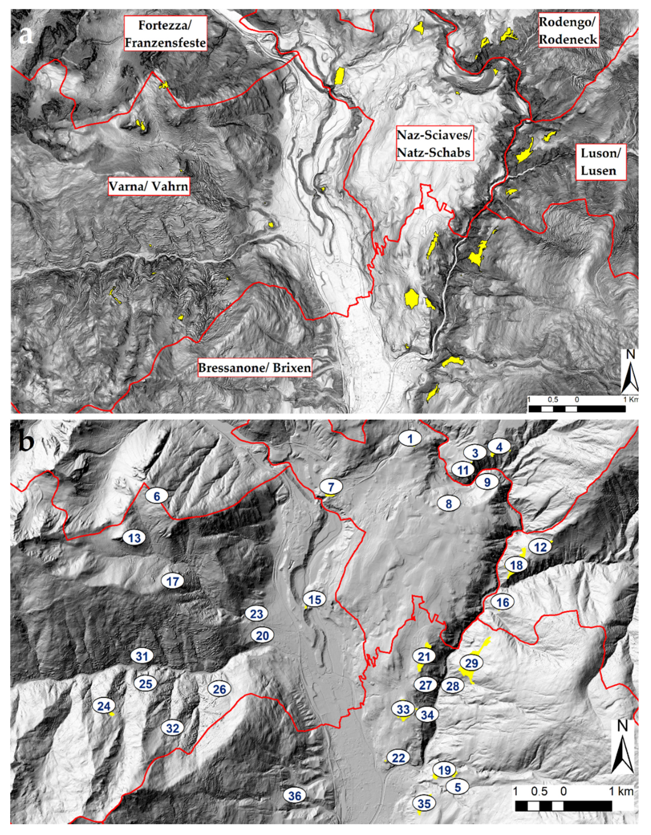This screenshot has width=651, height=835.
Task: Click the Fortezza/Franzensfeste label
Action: point(165,33)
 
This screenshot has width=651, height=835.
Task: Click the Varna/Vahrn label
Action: point(149,186)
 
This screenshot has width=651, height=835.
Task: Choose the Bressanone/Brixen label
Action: point(254,368)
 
